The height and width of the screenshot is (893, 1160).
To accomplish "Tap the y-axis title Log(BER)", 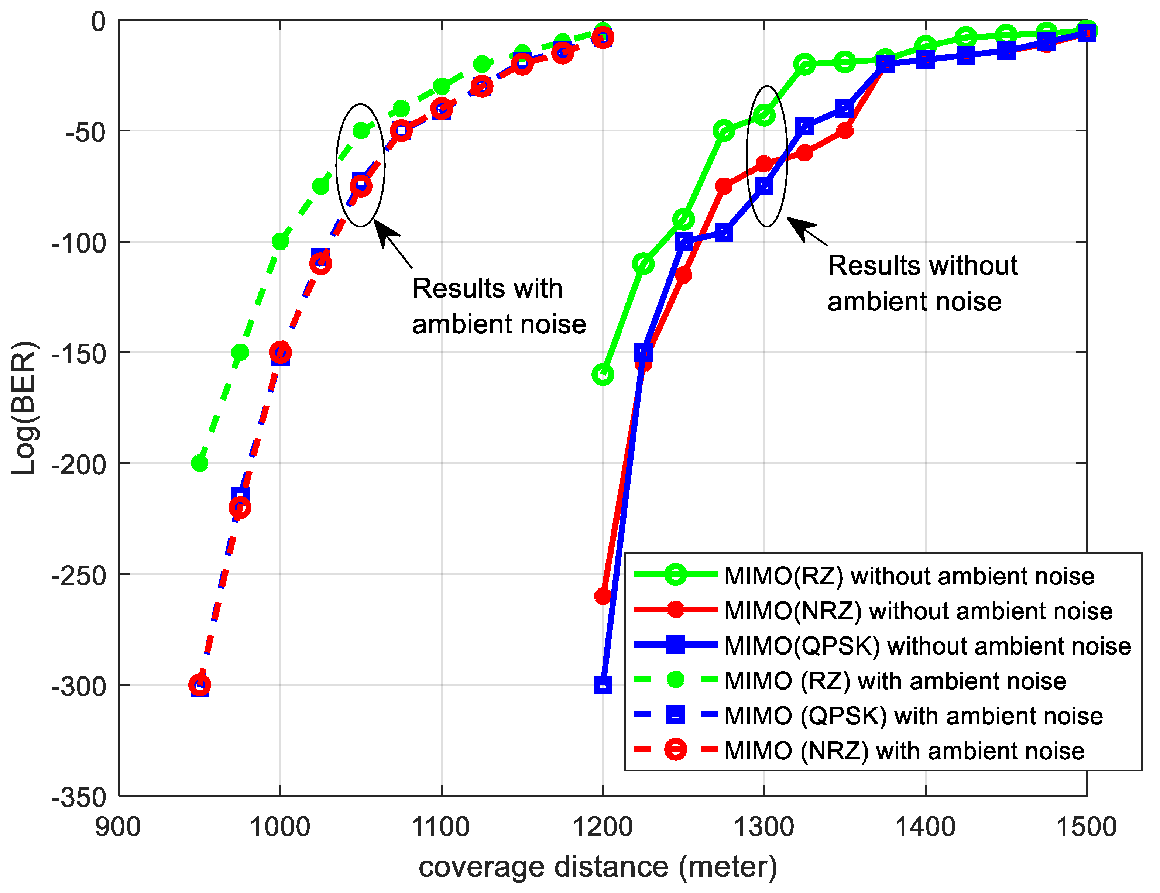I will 24,408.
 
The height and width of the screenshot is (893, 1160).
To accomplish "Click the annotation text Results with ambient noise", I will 498,306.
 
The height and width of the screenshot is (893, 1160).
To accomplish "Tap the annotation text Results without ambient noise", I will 922,283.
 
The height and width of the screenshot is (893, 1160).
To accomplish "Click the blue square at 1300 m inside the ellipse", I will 764,186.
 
